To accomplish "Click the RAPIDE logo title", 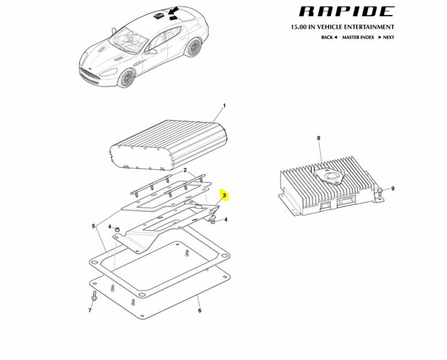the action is coord(346,11).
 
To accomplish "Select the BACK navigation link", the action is coord(329,37).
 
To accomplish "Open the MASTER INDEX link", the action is coord(358,37).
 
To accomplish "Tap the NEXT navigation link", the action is coord(386,37).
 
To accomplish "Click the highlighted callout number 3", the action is coord(224,195).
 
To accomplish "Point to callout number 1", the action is coord(224,106).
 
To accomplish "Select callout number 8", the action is coord(319,138).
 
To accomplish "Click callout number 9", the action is coord(392,188).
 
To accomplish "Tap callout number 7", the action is coord(90,310).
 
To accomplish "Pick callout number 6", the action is coord(200,310).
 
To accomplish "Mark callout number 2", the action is coord(185,170).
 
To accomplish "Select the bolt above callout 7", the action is coord(94,296).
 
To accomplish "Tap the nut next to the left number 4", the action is coord(116,229).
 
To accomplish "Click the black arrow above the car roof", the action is coord(173,11).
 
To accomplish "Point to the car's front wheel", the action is coord(126,78).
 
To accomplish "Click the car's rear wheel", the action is coord(193,47).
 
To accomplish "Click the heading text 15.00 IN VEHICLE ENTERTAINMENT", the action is coord(343,27).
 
